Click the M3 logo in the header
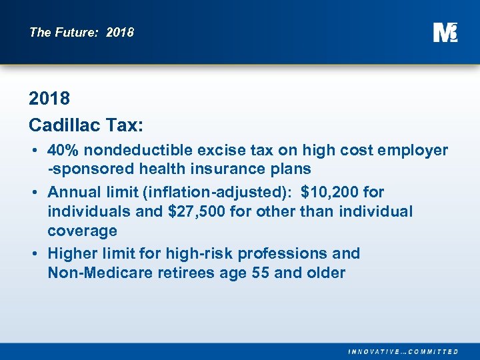pos(445,32)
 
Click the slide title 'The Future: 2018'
pos(81,32)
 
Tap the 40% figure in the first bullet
pos(64,151)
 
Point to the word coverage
pos(82,231)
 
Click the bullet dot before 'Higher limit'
pos(33,253)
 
